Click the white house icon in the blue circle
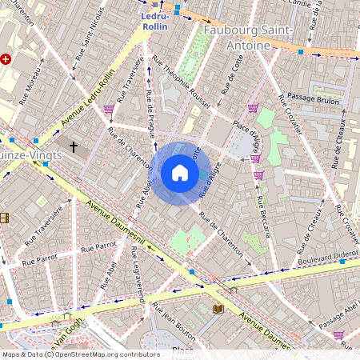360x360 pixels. pyautogui.click(x=180, y=173)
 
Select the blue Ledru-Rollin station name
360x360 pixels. pyautogui.click(x=155, y=21)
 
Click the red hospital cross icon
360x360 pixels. pyautogui.click(x=6, y=59)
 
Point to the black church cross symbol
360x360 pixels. pyautogui.click(x=74, y=147)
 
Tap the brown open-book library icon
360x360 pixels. pyautogui.click(x=218, y=308)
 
